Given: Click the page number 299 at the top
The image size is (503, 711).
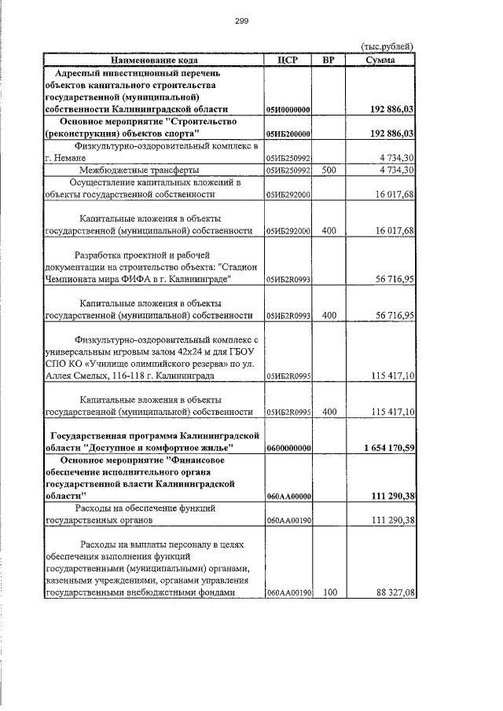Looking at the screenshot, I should click(241, 21).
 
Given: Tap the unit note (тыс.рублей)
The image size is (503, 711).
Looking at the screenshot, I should click(386, 47).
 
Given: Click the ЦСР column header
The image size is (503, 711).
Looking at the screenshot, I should click(288, 60).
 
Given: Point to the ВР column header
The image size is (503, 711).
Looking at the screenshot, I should click(329, 60).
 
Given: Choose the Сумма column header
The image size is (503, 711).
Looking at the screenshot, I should click(380, 60).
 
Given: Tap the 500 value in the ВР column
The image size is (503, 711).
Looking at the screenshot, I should click(329, 170).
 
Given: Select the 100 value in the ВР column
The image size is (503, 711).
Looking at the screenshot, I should click(329, 593).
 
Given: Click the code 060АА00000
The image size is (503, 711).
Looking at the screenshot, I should click(288, 497).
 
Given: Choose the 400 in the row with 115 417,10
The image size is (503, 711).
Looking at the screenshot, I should click(329, 412).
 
